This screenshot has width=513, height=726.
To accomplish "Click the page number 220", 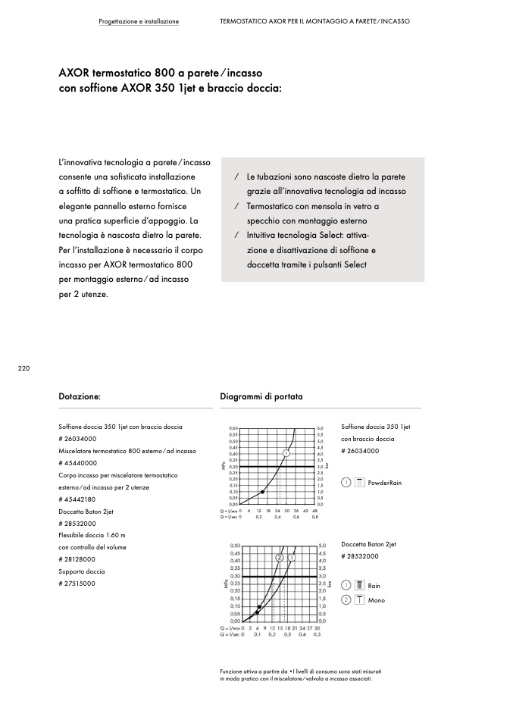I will click(23, 368).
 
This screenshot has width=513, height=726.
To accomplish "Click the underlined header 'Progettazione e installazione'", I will click(139, 21).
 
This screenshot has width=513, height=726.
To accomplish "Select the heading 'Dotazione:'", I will click(80, 396).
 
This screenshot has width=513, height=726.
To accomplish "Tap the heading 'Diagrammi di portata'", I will click(261, 396).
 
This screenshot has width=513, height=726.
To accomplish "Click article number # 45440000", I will click(77, 462).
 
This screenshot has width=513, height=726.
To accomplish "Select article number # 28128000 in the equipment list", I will click(77, 559).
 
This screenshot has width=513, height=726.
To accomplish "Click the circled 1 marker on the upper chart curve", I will click(286, 452).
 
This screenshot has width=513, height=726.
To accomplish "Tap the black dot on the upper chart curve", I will click(262, 492).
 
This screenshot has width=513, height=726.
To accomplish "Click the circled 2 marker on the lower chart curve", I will click(280, 557).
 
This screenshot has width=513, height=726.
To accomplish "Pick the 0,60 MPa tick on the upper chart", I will click(233, 428).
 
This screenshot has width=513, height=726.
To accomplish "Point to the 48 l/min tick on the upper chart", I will click(314, 511).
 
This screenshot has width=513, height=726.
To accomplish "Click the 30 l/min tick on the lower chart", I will click(317, 627).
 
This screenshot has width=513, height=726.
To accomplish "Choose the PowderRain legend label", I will click(384, 483).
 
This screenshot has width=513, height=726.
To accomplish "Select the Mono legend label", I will click(377, 600).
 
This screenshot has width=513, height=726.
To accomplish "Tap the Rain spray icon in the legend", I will click(360, 586).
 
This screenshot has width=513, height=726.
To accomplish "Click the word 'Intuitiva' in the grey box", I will click(262, 236).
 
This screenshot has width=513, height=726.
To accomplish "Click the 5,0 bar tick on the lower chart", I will click(323, 546).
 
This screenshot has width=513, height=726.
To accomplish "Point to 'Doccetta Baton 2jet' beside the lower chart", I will click(369, 544).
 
